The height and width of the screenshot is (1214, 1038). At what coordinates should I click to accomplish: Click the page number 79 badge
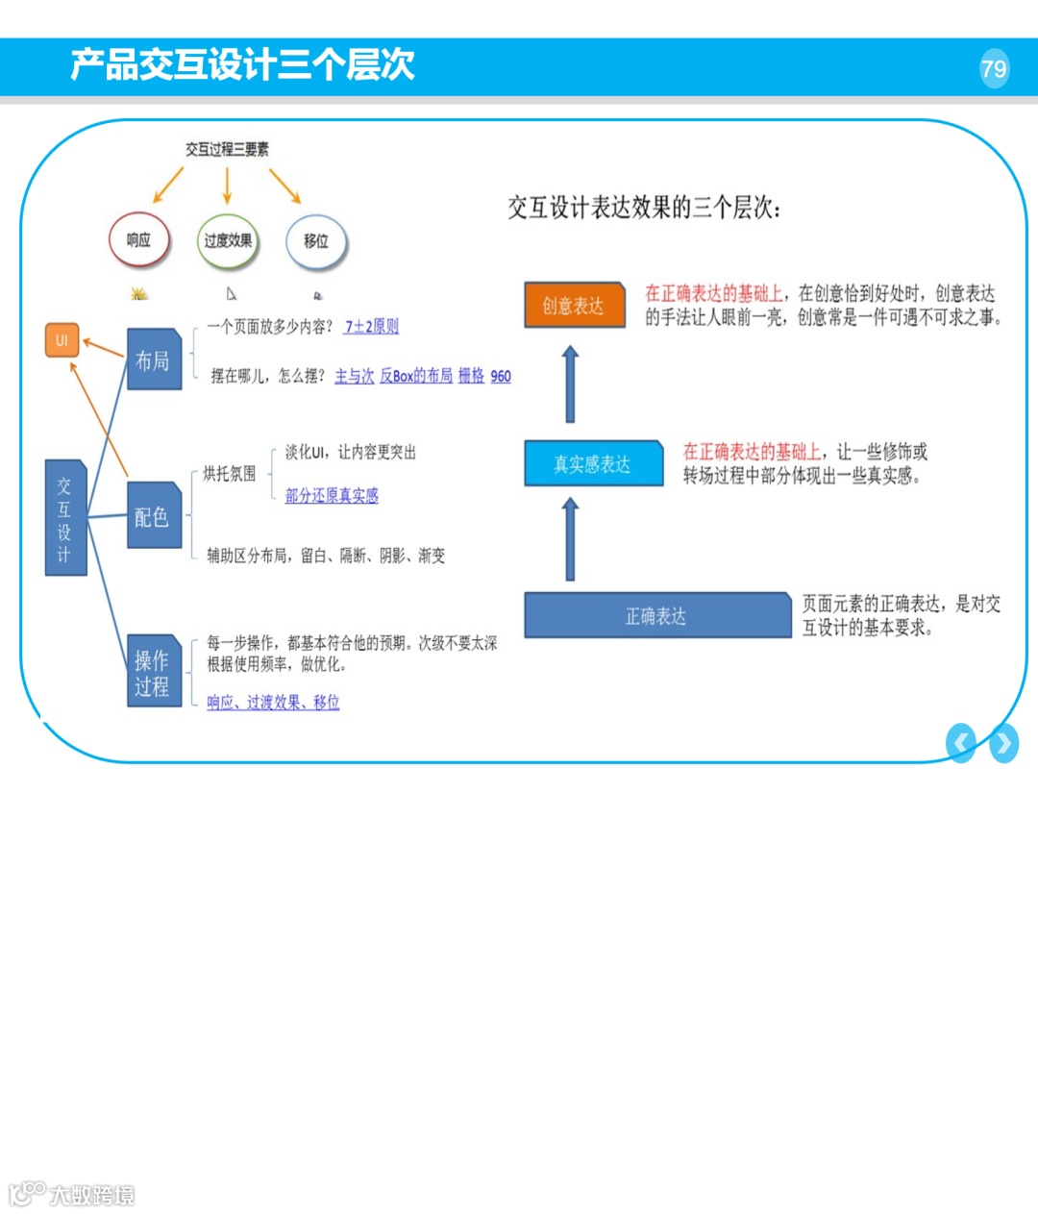[994, 68]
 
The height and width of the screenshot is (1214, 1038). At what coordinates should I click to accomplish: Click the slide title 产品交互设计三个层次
[242, 64]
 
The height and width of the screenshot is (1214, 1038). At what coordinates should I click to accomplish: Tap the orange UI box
[62, 340]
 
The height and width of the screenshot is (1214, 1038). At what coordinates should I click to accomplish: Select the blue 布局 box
[154, 359]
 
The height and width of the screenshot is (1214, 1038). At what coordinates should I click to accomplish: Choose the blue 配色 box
[154, 516]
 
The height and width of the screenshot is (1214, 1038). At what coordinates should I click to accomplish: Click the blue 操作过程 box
[154, 672]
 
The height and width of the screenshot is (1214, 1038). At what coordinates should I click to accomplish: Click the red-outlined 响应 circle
[139, 240]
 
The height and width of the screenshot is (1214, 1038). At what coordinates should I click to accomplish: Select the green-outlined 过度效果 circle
[228, 240]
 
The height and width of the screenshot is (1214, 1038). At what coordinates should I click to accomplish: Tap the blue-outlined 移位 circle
[315, 241]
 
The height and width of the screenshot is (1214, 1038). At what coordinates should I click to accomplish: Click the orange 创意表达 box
[574, 306]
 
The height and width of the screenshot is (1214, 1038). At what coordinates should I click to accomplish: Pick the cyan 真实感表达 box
[593, 464]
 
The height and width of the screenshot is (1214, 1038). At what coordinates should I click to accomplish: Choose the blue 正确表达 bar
[656, 616]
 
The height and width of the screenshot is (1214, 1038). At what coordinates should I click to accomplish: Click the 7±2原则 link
[371, 327]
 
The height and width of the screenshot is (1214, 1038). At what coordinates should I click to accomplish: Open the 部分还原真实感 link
[332, 496]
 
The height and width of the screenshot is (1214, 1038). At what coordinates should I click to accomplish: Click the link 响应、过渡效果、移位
[273, 703]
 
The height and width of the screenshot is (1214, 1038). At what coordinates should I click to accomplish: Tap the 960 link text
[501, 376]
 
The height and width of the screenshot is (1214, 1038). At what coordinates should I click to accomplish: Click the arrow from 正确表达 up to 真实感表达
[570, 539]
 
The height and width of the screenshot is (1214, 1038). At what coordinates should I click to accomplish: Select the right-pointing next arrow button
[1004, 743]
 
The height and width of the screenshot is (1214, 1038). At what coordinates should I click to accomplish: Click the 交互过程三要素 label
[227, 149]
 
